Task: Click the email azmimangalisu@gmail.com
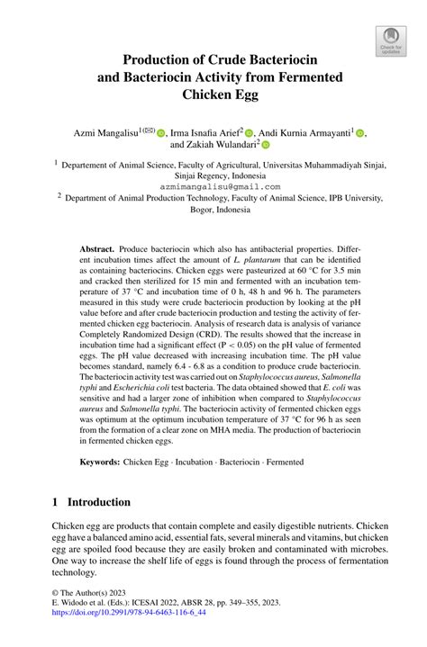click(213, 188)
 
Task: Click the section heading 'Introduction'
click(92, 502)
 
